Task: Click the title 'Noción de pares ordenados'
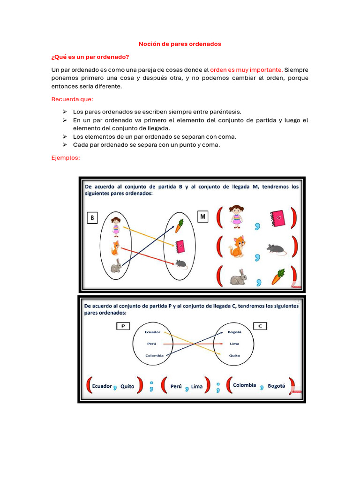tap(180, 44)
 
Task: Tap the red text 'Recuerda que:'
tap(72, 99)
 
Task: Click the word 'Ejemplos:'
tap(66, 158)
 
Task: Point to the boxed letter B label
tap(92, 217)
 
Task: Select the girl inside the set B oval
tap(116, 225)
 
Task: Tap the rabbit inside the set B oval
tap(116, 266)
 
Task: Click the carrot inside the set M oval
tap(179, 225)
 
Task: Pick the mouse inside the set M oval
tap(181, 264)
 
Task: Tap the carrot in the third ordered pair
tap(278, 277)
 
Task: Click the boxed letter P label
tap(123, 326)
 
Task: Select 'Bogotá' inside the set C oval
tap(234, 332)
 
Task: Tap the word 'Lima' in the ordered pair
tap(197, 387)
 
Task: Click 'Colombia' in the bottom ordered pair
tap(244, 385)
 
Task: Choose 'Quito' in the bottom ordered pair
tap(127, 387)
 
